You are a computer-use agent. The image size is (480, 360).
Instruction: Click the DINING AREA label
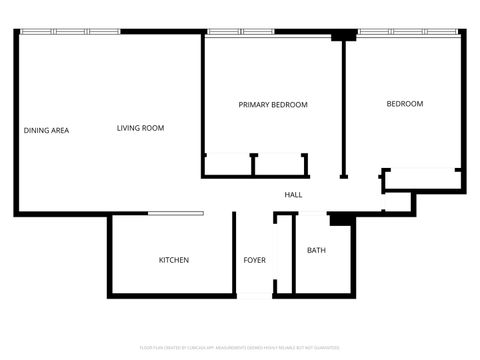(46, 130)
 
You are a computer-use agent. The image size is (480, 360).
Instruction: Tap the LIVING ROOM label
(140, 128)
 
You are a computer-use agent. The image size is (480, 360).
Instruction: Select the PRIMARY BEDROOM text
(273, 104)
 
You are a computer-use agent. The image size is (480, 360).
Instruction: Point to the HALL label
(293, 194)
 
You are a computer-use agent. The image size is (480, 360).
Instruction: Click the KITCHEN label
(174, 260)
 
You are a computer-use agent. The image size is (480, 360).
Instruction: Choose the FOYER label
(255, 260)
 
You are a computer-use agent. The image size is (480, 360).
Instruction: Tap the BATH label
(316, 250)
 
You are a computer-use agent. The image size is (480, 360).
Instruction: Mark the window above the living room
(70, 32)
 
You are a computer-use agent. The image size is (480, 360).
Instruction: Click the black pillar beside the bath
(341, 219)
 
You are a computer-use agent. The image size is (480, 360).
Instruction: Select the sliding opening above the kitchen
(176, 213)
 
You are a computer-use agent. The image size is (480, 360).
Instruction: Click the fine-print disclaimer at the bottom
(240, 347)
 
